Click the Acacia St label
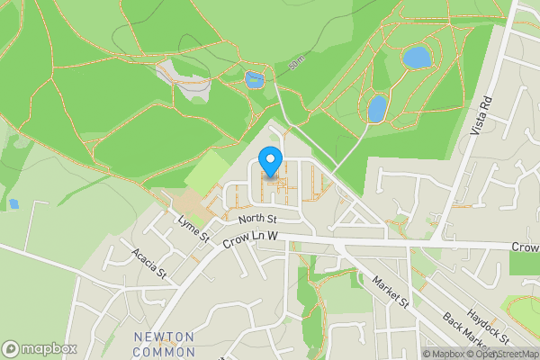tap(148, 263)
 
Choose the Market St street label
tap(391, 290)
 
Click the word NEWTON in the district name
tap(164, 337)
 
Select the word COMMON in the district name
tap(164, 351)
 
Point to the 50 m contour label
tap(297, 65)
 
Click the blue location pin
tap(269, 160)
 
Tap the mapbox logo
tap(39, 348)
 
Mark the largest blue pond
tap(416, 58)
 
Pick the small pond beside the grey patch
tap(254, 80)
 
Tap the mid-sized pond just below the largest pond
tap(377, 109)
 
